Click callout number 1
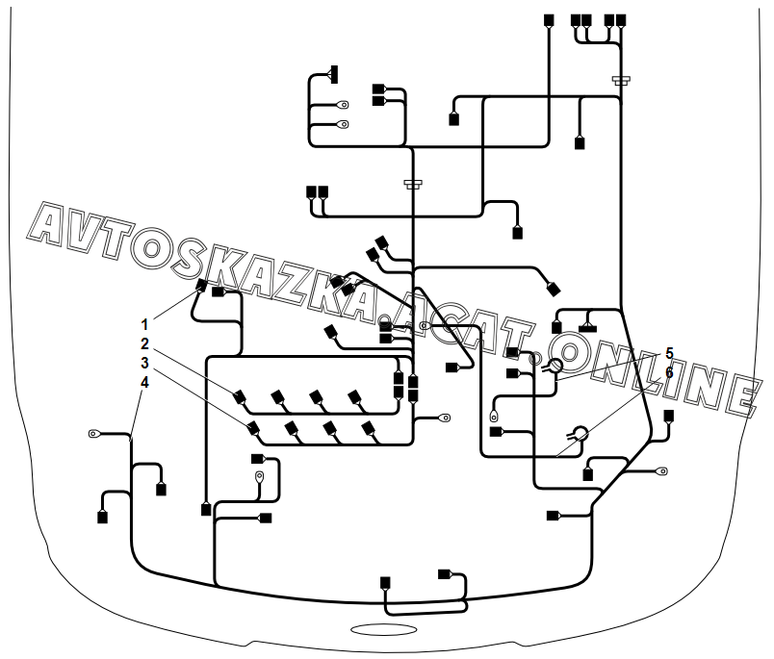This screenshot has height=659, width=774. pyautogui.click(x=145, y=324)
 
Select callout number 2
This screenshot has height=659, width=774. pyautogui.click(x=145, y=343)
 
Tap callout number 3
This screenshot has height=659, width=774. pyautogui.click(x=145, y=363)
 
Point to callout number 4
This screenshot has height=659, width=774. pyautogui.click(x=145, y=382)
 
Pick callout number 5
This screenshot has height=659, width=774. pyautogui.click(x=669, y=353)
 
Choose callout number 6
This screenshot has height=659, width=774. pyautogui.click(x=669, y=372)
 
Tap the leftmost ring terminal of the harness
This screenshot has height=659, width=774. pyautogui.click(x=95, y=435)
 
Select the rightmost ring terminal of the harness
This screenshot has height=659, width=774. pyautogui.click(x=663, y=471)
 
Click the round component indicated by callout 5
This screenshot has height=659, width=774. pyautogui.click(x=555, y=366)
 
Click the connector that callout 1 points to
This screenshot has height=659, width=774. pyautogui.click(x=202, y=286)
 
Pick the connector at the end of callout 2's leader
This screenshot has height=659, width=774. pyautogui.click(x=240, y=396)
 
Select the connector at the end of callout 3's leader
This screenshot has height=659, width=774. pyautogui.click(x=253, y=427)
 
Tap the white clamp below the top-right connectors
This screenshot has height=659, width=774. pyautogui.click(x=621, y=81)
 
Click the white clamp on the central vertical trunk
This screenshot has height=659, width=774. pyautogui.click(x=413, y=184)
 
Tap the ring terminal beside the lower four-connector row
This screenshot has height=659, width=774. pyautogui.click(x=446, y=418)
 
